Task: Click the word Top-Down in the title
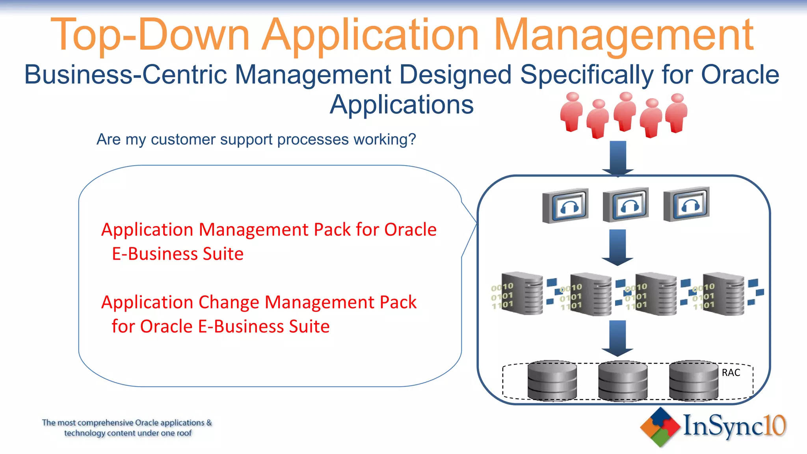click(150, 35)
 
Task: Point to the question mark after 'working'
click(412, 140)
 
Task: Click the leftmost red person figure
click(571, 112)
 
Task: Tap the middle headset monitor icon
click(626, 205)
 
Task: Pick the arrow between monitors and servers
click(617, 247)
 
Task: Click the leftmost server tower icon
click(523, 293)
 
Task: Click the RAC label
click(731, 373)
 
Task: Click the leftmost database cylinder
click(552, 381)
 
